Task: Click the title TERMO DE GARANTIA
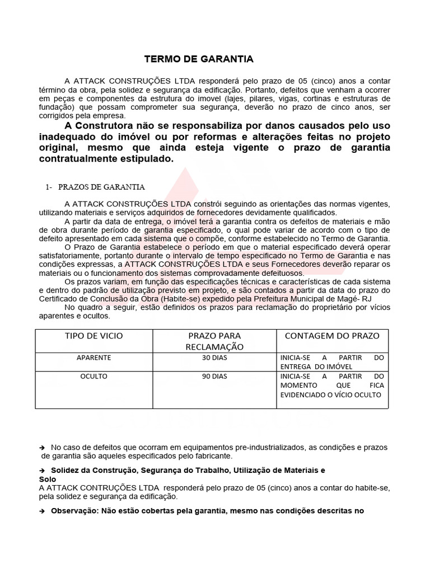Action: (x=199, y=59)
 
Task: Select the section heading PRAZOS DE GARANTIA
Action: (x=101, y=186)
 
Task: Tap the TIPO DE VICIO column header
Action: (x=95, y=336)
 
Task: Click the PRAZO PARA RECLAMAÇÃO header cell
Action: (x=214, y=341)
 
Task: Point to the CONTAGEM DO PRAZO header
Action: (x=332, y=336)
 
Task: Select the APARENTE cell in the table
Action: (x=95, y=358)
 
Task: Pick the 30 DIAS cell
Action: (x=214, y=358)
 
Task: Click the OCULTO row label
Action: (x=95, y=377)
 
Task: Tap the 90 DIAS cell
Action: (x=214, y=377)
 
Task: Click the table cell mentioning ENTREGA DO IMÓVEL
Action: (x=331, y=362)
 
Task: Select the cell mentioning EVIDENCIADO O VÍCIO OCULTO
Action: (x=331, y=386)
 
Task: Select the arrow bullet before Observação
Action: (x=42, y=511)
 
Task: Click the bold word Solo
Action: (x=48, y=480)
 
